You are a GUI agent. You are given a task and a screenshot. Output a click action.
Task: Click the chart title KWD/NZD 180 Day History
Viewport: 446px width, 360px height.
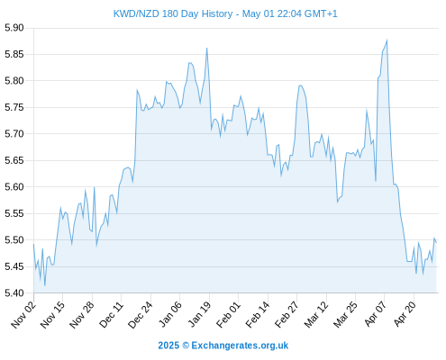pyautogui.click(x=173, y=13)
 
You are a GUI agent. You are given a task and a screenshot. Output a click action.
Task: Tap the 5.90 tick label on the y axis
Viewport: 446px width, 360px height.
pyautogui.click(x=14, y=28)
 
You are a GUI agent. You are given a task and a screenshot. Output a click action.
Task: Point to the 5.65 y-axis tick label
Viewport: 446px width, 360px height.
pyautogui.click(x=14, y=160)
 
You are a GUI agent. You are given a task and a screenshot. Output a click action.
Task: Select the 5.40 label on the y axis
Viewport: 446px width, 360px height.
pyautogui.click(x=14, y=292)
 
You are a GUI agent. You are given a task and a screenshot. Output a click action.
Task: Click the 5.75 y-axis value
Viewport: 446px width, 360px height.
pyautogui.click(x=14, y=107)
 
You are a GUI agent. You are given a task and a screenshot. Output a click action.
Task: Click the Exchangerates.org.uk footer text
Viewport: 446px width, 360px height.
pyautogui.click(x=240, y=346)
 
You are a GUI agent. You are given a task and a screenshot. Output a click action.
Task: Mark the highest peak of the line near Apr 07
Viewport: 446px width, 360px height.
pyautogui.click(x=387, y=40)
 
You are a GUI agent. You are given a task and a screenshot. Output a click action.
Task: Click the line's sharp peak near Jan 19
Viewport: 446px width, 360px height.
pyautogui.click(x=206, y=48)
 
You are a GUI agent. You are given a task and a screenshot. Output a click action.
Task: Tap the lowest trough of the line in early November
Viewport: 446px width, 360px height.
pyautogui.click(x=45, y=285)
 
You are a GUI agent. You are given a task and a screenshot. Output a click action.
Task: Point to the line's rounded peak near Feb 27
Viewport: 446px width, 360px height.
pyautogui.click(x=300, y=85)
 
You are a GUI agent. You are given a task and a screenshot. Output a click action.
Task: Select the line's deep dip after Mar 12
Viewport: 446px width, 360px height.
pyautogui.click(x=337, y=202)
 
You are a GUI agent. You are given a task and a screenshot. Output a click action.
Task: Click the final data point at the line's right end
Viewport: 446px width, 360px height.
pyautogui.click(x=436, y=242)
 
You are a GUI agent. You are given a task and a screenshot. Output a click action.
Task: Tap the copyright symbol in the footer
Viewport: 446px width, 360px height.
pyautogui.click(x=186, y=346)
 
